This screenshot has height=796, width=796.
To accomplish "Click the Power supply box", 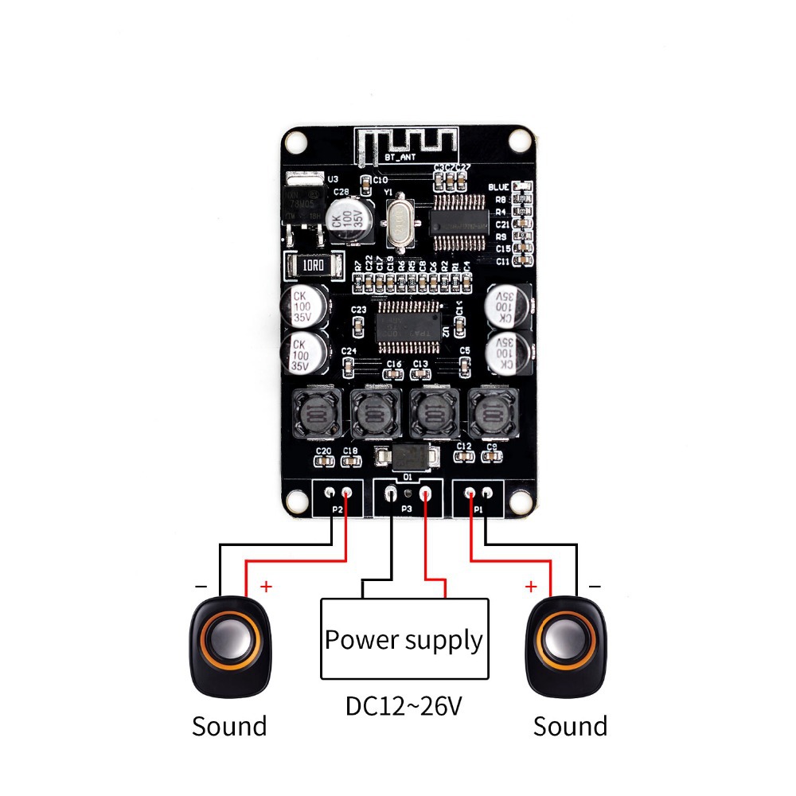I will coord(404,639).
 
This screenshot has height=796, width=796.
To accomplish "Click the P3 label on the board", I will coord(406,507).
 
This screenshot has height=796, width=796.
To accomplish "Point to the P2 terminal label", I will coord(337,509).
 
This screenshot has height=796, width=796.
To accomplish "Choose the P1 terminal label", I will coord(478,509).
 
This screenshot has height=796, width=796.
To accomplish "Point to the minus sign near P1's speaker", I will coord(595,587).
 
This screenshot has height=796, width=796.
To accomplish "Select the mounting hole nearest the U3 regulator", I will coord(296,141).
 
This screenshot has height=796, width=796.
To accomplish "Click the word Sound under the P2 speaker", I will coord(229,726).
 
